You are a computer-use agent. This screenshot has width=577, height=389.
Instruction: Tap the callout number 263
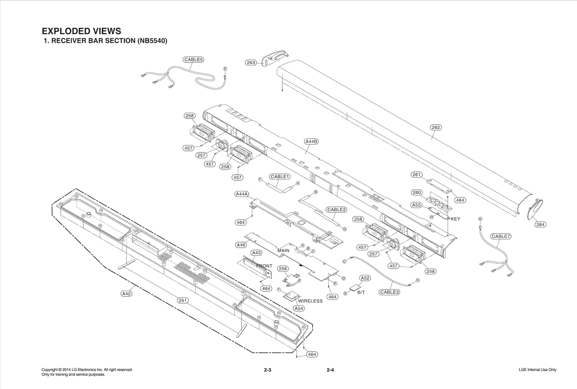click(x=251, y=63)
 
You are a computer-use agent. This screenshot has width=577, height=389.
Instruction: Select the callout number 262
click(x=436, y=127)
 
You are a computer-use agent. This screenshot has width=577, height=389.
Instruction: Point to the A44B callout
click(x=311, y=142)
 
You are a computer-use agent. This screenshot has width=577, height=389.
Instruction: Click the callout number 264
click(x=540, y=224)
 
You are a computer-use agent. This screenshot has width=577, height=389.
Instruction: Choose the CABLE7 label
click(x=500, y=236)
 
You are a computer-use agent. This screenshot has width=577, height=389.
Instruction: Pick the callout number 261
click(x=417, y=175)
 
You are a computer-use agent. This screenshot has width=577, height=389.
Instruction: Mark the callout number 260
click(x=417, y=192)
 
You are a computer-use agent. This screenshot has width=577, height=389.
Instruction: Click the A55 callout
click(x=417, y=205)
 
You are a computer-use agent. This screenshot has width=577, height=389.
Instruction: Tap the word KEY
click(x=455, y=219)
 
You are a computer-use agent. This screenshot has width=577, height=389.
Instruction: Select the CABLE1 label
click(x=280, y=176)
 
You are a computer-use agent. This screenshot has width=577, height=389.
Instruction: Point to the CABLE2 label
click(x=336, y=210)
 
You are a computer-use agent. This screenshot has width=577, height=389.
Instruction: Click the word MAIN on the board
click(x=283, y=250)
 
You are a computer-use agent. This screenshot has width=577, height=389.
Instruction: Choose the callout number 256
click(x=283, y=269)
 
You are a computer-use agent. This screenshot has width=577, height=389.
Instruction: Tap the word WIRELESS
click(x=310, y=301)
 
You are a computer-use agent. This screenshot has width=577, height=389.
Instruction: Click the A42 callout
click(x=126, y=294)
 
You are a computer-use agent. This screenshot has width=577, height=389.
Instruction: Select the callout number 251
click(x=183, y=300)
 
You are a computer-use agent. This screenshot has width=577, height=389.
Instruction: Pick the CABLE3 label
click(x=389, y=292)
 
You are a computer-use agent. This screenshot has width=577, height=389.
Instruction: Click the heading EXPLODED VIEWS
click(x=82, y=31)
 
